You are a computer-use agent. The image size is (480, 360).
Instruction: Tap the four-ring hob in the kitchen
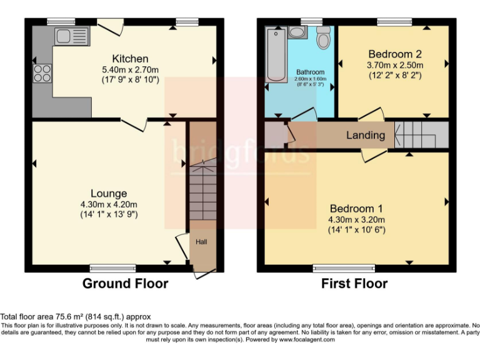42,73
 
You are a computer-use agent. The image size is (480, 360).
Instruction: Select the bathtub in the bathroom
275,54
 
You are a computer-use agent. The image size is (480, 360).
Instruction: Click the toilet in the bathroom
323,39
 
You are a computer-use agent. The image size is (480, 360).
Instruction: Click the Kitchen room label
130,59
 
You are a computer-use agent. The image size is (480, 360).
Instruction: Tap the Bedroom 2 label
394,53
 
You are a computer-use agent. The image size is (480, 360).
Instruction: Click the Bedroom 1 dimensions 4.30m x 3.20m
357,219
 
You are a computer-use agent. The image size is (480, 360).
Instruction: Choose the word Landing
366,135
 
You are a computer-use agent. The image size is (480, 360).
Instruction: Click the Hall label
202,242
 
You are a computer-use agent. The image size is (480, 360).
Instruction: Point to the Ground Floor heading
126,284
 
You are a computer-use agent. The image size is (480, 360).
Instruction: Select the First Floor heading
354,284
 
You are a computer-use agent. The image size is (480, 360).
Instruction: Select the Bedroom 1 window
336,268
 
